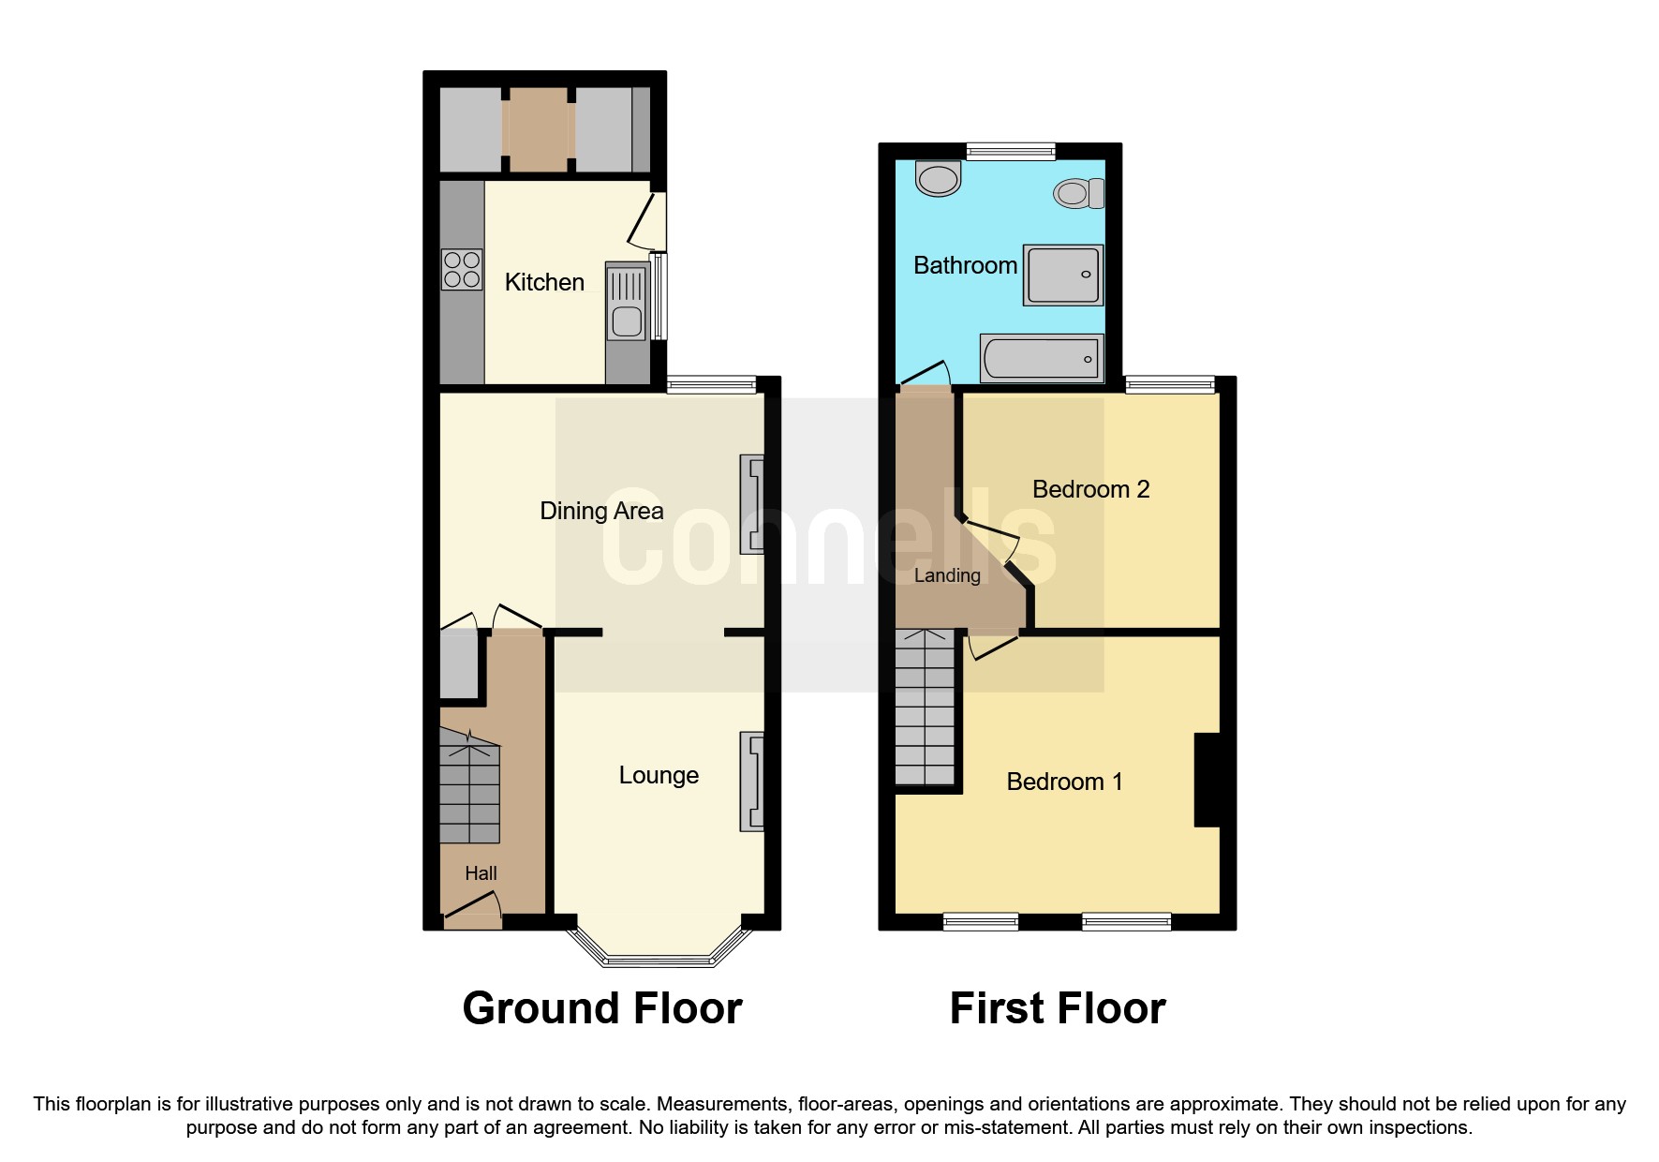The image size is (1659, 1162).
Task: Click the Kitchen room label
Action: pyautogui.click(x=544, y=282)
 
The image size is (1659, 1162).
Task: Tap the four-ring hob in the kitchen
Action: pyautogui.click(x=462, y=269)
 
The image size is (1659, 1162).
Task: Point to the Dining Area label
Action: pyautogui.click(x=601, y=511)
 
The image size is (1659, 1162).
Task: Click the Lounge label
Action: pyautogui.click(x=659, y=776)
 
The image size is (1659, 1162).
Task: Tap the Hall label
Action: pyautogui.click(x=481, y=873)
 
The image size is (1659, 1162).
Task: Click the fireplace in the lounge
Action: pyautogui.click(x=752, y=782)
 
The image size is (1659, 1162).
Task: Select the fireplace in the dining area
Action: pyautogui.click(x=752, y=504)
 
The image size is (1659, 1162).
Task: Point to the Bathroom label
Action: pyautogui.click(x=965, y=266)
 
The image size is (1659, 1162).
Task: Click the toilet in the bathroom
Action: pyautogui.click(x=1080, y=193)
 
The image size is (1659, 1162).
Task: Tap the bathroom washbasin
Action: pyautogui.click(x=939, y=178)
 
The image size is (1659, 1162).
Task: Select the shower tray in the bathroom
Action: pyautogui.click(x=1063, y=276)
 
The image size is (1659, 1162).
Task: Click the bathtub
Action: pyautogui.click(x=1042, y=358)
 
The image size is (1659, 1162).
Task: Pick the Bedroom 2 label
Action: pyautogui.click(x=1090, y=489)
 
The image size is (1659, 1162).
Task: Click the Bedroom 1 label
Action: pyautogui.click(x=1064, y=782)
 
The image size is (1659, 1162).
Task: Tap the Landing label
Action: pyautogui.click(x=947, y=575)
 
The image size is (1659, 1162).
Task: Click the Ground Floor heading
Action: pyautogui.click(x=602, y=1008)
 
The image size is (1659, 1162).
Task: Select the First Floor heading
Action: pyautogui.click(x=1058, y=1008)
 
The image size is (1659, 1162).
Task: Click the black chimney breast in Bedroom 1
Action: pyautogui.click(x=1207, y=780)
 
